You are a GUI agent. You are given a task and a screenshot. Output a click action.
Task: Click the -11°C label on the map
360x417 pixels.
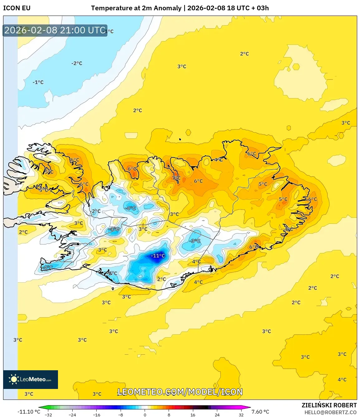[158, 256]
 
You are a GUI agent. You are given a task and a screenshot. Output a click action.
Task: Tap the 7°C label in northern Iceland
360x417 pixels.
[176, 178]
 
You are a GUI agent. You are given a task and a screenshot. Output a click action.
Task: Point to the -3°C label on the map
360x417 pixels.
[195, 241]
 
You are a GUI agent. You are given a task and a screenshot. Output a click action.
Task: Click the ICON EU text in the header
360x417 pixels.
[17, 8]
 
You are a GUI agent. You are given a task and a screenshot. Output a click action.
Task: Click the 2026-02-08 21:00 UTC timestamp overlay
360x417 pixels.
[55, 30]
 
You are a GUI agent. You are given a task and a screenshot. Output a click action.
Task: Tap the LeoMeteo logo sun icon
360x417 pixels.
[14, 379]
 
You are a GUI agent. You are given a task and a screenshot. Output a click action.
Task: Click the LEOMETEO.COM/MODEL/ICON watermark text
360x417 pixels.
[180, 392]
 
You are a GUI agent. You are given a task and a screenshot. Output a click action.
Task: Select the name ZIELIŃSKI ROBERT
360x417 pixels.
[329, 405]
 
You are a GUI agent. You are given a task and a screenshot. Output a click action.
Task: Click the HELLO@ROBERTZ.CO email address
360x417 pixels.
[330, 412]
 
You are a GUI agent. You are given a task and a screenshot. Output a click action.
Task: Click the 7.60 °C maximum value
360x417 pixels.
[260, 412]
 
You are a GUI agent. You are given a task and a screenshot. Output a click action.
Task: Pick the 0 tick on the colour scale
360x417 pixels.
[145, 415]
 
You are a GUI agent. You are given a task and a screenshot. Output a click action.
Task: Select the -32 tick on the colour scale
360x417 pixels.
[48, 415]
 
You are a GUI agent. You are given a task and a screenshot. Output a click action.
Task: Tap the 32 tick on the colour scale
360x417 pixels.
[241, 415]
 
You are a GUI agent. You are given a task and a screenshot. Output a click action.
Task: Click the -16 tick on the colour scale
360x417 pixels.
[97, 415]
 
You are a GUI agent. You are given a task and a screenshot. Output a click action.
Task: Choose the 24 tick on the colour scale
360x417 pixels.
[217, 415]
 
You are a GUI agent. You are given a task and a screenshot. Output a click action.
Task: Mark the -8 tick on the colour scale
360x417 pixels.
[121, 415]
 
